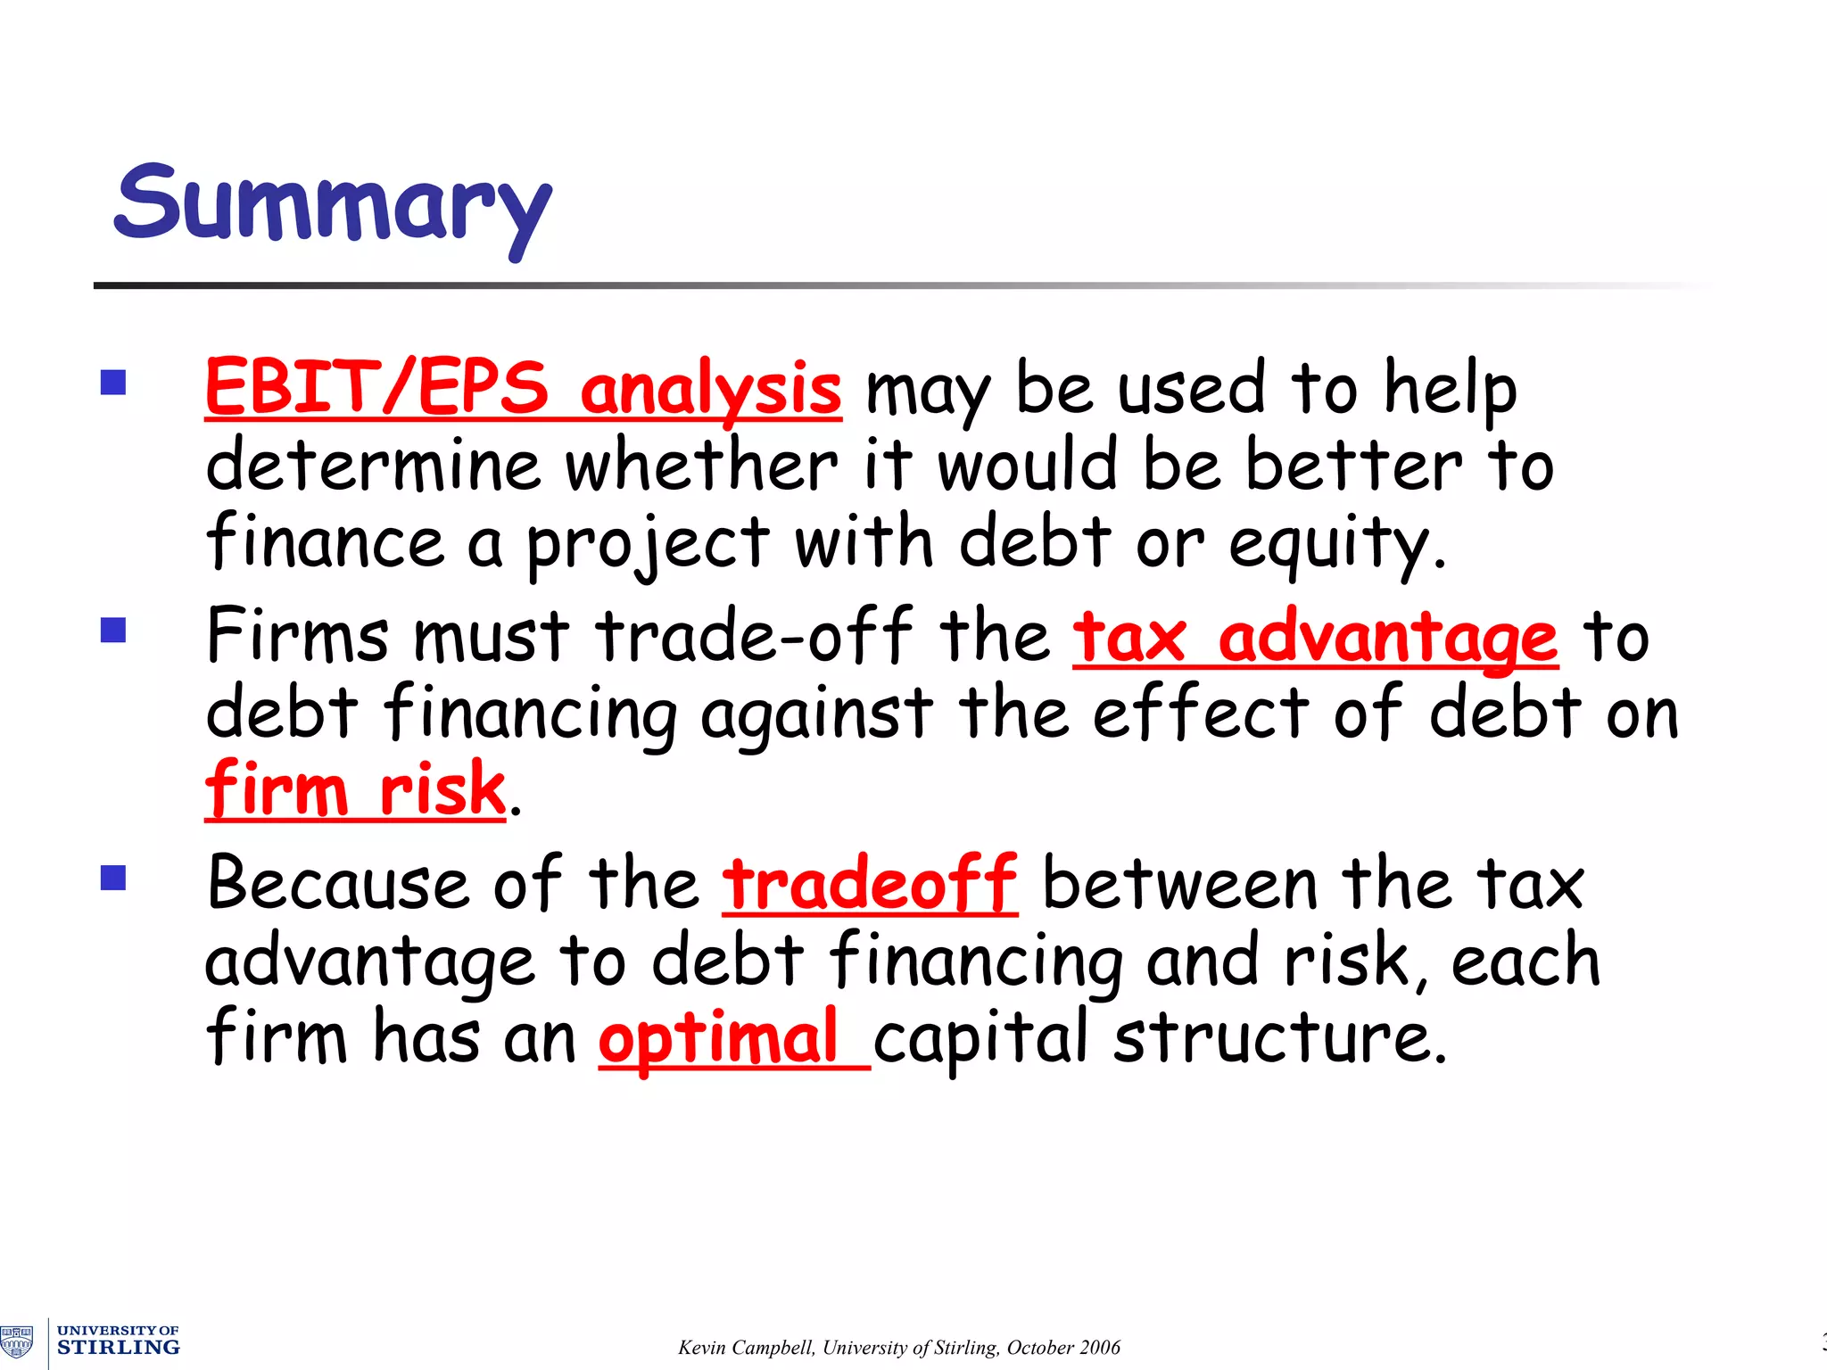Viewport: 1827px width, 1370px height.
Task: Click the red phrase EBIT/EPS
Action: click(x=376, y=388)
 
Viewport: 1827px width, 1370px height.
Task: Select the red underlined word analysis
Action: click(x=710, y=390)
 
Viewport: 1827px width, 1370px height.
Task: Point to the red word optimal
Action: click(x=718, y=1038)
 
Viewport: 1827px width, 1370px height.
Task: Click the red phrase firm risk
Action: click(x=355, y=788)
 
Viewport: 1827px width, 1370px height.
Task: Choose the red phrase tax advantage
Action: click(x=1316, y=637)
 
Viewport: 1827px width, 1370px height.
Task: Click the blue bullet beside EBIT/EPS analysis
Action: click(x=113, y=383)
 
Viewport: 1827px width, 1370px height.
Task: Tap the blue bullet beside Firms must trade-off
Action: click(x=113, y=631)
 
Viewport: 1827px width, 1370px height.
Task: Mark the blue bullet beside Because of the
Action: click(x=113, y=879)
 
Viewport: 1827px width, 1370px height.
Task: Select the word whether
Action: click(x=701, y=466)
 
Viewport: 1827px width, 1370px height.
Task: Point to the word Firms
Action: click(x=297, y=635)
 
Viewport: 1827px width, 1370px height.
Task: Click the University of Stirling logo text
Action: click(x=118, y=1341)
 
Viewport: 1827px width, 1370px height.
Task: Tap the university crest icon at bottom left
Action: click(x=17, y=1341)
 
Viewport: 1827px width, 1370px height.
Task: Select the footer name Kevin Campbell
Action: click(x=746, y=1347)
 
